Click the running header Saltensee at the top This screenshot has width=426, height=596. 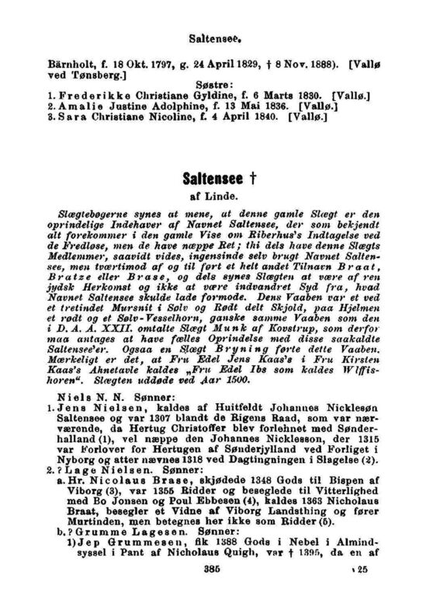[213, 36]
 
